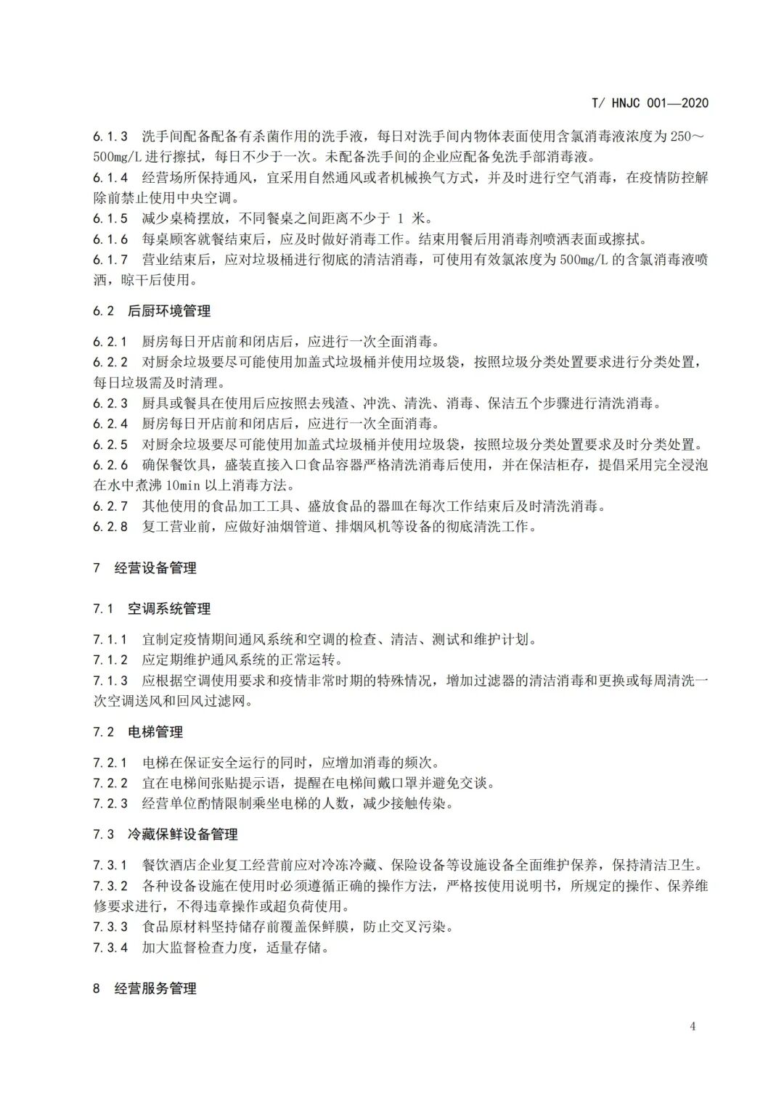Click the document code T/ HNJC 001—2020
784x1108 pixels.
[x=650, y=102]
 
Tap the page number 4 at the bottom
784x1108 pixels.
[x=693, y=1025]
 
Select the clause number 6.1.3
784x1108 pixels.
[x=110, y=136]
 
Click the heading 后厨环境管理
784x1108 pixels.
[x=169, y=311]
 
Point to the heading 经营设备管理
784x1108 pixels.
[x=155, y=568]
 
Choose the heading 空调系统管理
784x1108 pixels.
[x=169, y=609]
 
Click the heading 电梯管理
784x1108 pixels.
[x=155, y=732]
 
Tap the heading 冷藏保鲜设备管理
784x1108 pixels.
[x=183, y=834]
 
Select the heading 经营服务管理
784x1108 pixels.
[x=155, y=988]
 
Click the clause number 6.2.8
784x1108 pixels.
[x=110, y=527]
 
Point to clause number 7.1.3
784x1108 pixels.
[x=110, y=681]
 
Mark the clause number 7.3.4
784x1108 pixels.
[x=110, y=947]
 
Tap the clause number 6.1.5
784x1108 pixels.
[x=110, y=218]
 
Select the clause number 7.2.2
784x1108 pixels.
[x=110, y=783]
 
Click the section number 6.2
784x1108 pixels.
[x=103, y=311]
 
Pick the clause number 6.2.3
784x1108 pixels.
[x=110, y=403]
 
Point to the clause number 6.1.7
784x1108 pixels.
[x=110, y=260]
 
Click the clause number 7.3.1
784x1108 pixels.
[x=110, y=865]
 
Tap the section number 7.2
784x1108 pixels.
[x=103, y=732]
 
